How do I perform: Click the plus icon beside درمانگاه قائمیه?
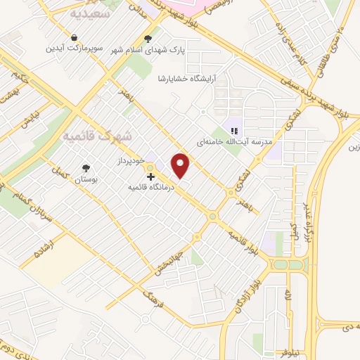click(150, 177)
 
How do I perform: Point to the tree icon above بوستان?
click(86, 168)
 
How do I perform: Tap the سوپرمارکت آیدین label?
click(75, 49)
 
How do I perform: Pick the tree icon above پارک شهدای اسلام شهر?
click(148, 39)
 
